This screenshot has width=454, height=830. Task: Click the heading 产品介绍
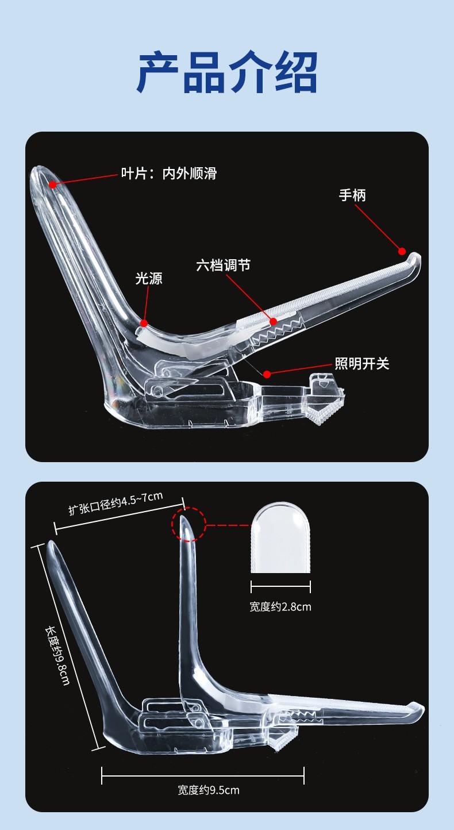pos(227,72)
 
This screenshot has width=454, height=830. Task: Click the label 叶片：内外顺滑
pos(168,173)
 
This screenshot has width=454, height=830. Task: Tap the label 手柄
pos(352,195)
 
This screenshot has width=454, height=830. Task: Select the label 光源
pos(149,278)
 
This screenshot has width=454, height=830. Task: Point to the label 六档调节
pos(223,265)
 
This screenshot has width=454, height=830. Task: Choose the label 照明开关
pos(362,363)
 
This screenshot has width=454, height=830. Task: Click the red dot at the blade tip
pos(53,185)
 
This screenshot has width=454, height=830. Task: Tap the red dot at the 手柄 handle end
pos(402,251)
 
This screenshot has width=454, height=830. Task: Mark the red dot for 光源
pos(143,323)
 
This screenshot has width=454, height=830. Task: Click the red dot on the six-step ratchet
pos(274,321)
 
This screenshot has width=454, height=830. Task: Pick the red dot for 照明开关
pos(267,374)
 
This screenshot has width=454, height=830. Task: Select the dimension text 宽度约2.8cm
pos(280,606)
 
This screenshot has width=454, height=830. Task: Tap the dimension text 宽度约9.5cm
pos(209,790)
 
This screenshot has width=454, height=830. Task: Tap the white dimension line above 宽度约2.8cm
pos(280,586)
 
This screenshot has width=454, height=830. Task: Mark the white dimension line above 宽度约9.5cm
pos(203,775)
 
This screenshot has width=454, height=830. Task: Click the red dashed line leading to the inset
pos(228,525)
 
